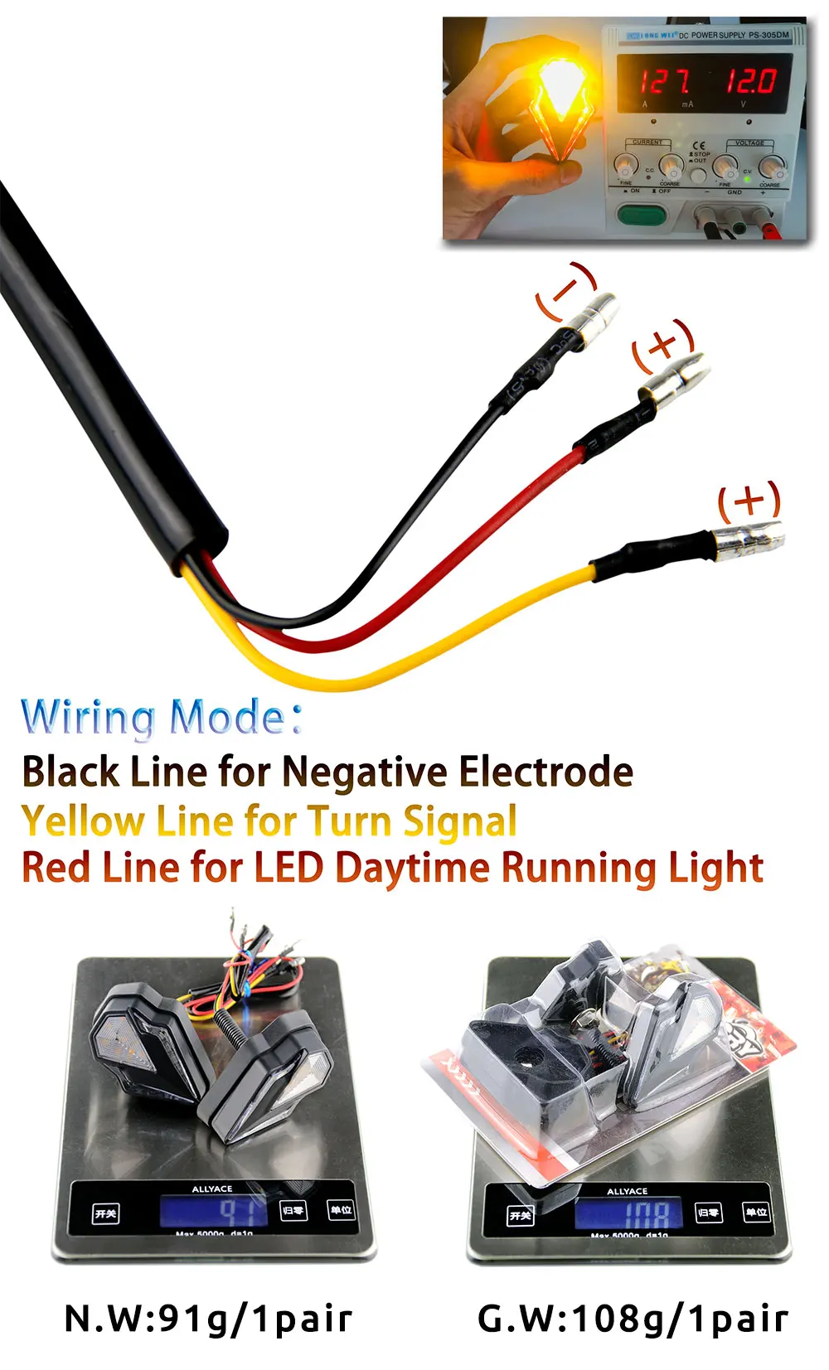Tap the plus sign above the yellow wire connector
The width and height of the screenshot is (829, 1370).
(749, 501)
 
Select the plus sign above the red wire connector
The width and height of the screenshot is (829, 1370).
(662, 342)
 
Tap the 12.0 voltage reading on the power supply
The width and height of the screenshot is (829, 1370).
(751, 80)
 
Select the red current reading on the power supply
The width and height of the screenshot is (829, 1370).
(663, 81)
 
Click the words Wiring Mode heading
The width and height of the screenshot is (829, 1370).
(162, 717)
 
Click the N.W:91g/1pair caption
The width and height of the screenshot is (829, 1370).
(208, 1318)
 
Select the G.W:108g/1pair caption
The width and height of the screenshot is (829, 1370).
(633, 1318)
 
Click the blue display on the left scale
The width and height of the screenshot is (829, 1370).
(214, 1212)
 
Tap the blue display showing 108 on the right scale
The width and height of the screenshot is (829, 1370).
(628, 1213)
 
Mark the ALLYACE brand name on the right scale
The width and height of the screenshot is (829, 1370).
(628, 1191)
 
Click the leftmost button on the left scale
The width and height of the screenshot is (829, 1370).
(106, 1213)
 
